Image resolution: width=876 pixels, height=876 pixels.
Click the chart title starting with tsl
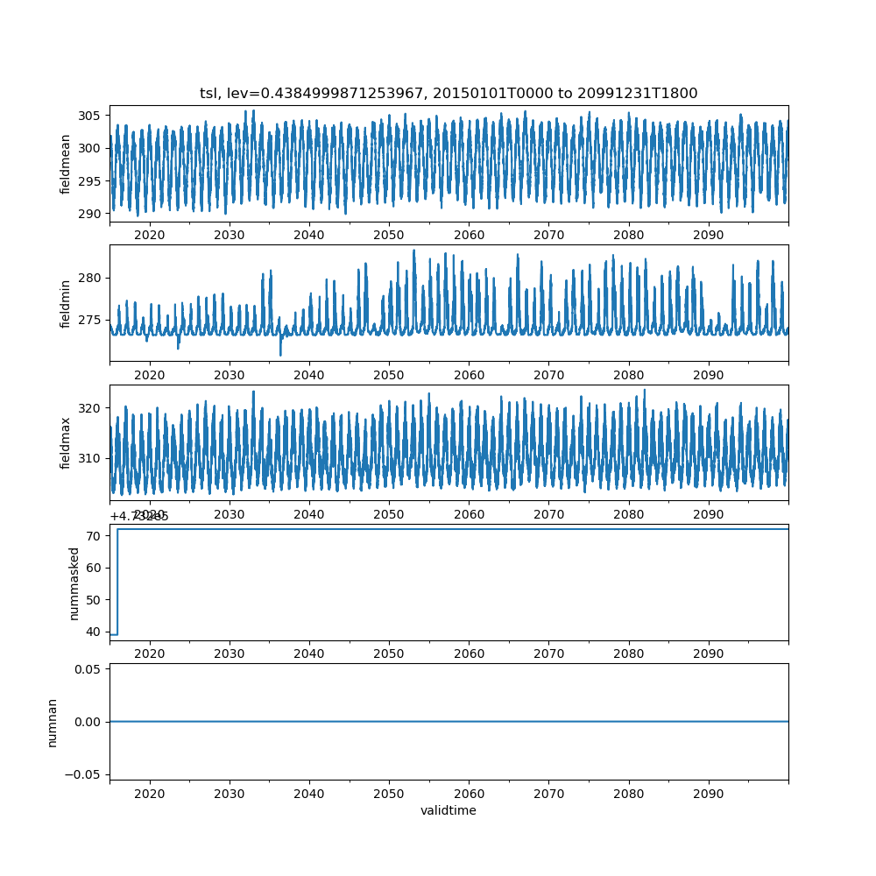[x=449, y=94]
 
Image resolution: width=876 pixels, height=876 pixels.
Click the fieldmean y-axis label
[x=66, y=164]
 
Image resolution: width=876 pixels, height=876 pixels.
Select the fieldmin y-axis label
[x=66, y=303]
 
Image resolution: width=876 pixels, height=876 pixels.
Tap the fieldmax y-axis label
[x=66, y=442]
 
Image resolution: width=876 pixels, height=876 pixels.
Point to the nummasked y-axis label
[x=74, y=583]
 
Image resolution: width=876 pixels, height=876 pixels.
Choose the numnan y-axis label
[x=53, y=722]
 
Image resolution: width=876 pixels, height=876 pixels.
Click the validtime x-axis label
[x=449, y=811]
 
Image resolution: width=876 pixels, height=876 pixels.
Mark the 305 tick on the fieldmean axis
[x=92, y=116]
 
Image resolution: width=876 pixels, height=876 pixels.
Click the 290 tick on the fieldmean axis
[x=92, y=213]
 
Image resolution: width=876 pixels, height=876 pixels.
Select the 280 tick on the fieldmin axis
[x=92, y=278]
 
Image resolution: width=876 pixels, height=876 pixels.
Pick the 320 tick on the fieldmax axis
[x=92, y=407]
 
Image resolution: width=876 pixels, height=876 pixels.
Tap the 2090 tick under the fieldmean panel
[x=708, y=235]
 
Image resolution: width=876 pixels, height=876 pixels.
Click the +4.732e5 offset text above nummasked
[x=139, y=516]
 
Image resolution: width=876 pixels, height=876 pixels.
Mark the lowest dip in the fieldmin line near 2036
[x=280, y=355]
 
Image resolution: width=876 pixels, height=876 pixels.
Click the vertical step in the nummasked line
[x=117, y=582]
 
